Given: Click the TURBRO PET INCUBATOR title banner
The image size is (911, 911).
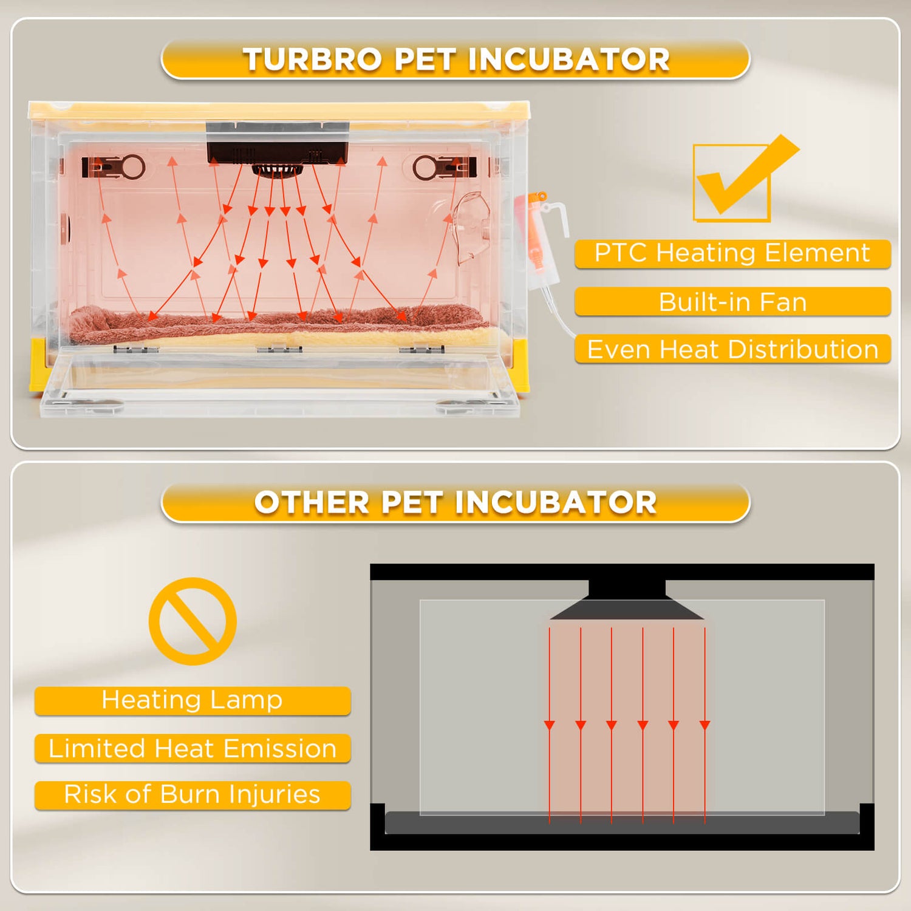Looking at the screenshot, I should (455, 60).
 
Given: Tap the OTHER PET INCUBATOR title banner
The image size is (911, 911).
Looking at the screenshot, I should (455, 503).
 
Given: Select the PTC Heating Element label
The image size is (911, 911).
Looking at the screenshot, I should (732, 253).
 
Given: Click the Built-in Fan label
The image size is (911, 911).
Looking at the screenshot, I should (732, 302).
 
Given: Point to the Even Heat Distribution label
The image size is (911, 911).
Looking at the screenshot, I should (732, 349).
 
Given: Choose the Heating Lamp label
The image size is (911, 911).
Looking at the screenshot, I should (193, 700).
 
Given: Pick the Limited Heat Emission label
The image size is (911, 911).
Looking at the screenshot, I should (193, 748).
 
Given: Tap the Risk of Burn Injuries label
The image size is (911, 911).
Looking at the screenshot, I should (193, 795).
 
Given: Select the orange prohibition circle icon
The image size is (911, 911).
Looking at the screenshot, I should (193, 621).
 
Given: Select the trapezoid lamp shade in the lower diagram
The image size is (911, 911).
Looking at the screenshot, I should (627, 609).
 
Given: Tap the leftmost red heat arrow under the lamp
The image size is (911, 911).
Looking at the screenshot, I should (550, 725).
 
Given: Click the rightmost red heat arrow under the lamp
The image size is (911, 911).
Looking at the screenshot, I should (705, 725).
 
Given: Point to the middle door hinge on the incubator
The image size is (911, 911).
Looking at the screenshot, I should (279, 349).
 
